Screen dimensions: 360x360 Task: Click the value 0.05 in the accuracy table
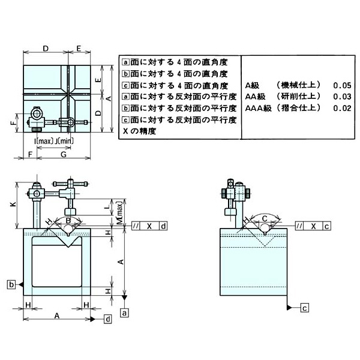[343, 86]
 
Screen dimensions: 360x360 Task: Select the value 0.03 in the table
[343, 97]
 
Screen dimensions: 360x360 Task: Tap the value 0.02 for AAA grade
[343, 108]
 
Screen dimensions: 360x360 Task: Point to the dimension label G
[63, 155]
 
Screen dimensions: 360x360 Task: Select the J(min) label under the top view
[64, 140]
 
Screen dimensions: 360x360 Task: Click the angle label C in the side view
[265, 218]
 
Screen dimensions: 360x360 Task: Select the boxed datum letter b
[11, 284]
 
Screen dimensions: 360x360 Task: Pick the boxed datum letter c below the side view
[304, 308]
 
